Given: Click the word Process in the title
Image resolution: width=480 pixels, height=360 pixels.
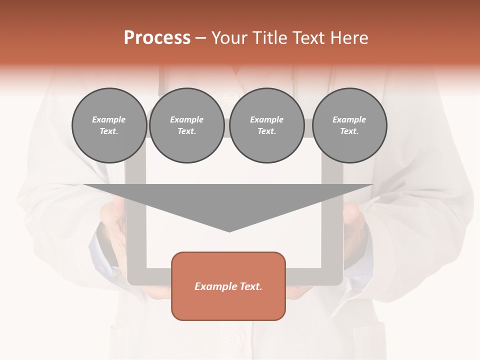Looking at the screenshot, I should (157, 38).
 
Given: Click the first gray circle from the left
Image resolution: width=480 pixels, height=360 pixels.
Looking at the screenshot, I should (109, 125).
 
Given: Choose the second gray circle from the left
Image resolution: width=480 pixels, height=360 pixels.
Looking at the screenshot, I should (187, 125).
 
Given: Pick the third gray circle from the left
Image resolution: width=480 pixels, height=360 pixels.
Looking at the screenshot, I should (267, 125).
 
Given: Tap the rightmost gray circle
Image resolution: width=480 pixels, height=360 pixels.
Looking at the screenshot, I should (349, 125).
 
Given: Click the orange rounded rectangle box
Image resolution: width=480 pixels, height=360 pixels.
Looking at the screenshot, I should (228, 286).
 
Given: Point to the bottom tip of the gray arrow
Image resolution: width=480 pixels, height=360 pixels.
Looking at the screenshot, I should (229, 231).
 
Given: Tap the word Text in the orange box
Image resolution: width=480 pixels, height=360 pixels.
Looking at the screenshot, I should (250, 286).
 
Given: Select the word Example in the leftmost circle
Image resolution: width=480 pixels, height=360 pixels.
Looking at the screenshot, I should (109, 119).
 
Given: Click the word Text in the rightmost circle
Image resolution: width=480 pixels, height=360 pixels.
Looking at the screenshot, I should (349, 131).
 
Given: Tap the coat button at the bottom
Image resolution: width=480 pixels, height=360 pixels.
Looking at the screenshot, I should (232, 339).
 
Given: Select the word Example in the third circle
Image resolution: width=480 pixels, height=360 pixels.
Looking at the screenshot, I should (267, 119).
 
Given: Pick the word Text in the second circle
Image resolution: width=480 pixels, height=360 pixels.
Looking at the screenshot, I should (187, 131).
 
